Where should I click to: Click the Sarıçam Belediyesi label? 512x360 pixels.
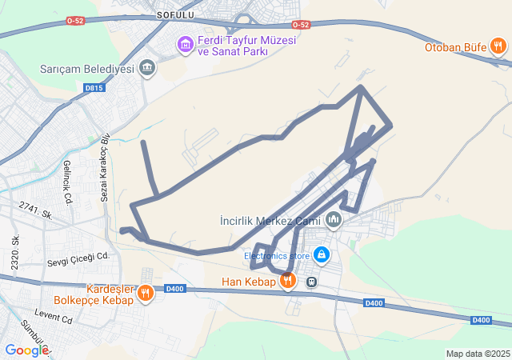pyautogui.click(x=86, y=69)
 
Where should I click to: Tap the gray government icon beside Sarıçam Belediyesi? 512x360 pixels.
pyautogui.click(x=147, y=68)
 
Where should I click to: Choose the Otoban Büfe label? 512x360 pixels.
pyautogui.click(x=456, y=47)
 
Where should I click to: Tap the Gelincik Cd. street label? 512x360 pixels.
pyautogui.click(x=68, y=181)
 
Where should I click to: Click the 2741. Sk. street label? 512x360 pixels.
pyautogui.click(x=36, y=210)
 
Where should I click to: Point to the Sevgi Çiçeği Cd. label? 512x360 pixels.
pyautogui.click(x=77, y=257)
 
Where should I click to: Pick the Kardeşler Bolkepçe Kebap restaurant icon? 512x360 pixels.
pyautogui.click(x=145, y=294)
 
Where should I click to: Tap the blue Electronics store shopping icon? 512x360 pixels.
pyautogui.click(x=321, y=255)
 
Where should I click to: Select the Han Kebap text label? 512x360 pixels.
pyautogui.click(x=248, y=282)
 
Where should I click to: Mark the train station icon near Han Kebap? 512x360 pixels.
pyautogui.click(x=312, y=281)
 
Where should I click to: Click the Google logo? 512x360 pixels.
pyautogui.click(x=26, y=350)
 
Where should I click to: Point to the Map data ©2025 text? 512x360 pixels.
pyautogui.click(x=477, y=354)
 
